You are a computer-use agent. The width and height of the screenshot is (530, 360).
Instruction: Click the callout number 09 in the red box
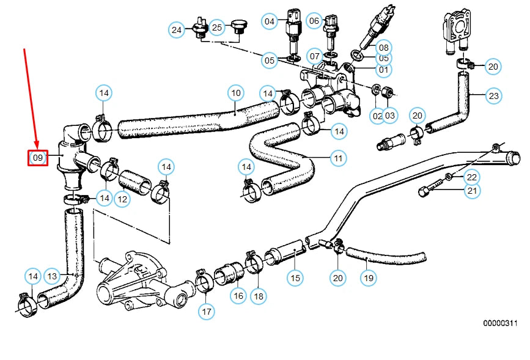(x=38, y=158)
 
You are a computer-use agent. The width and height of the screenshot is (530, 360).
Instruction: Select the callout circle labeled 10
(x=236, y=94)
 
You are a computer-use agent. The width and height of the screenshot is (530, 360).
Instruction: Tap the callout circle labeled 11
(x=338, y=158)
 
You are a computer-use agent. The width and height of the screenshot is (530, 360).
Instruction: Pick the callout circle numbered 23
(x=493, y=95)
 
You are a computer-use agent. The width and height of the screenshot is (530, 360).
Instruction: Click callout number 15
(x=295, y=278)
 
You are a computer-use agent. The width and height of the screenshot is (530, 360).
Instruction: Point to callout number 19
(x=367, y=278)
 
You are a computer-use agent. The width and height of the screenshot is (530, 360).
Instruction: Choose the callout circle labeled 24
(x=177, y=29)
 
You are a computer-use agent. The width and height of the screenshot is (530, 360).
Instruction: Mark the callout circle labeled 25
(x=217, y=28)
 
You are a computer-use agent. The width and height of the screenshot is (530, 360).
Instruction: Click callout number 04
(x=270, y=21)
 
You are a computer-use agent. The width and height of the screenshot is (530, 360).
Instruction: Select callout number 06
(x=314, y=21)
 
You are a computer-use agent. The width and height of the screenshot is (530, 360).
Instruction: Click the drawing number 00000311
(x=501, y=322)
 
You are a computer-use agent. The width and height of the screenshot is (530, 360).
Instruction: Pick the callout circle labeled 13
(x=53, y=276)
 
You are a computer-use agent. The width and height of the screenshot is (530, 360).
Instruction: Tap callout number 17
(x=207, y=312)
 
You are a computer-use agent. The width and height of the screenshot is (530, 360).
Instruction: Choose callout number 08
(x=383, y=46)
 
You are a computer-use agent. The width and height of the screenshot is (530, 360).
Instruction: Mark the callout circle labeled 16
(x=238, y=296)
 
